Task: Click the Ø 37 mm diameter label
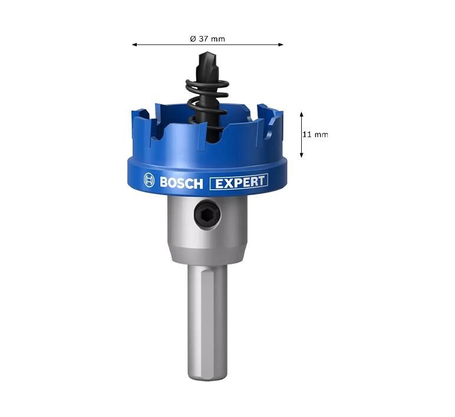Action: point(207,38)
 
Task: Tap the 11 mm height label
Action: point(315,134)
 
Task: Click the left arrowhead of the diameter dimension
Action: point(134,45)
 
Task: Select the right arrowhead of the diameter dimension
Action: point(281,45)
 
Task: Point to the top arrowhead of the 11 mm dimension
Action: point(302,114)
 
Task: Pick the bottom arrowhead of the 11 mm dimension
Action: point(302,155)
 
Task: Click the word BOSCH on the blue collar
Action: point(182,183)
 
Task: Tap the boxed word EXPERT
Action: point(239,182)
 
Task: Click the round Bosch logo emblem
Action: point(149,180)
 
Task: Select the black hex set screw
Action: point(207,214)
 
